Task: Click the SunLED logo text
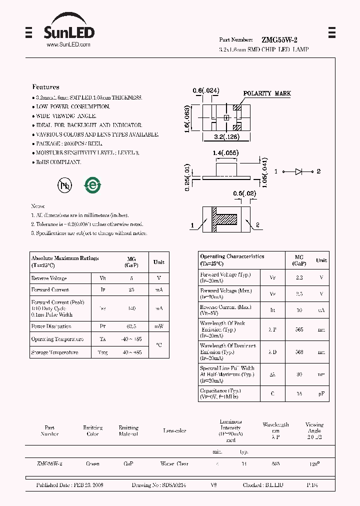click(68, 32)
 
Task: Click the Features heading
click(45, 87)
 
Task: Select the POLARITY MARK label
click(267, 93)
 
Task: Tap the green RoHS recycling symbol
click(92, 185)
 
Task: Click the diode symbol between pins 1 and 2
click(299, 171)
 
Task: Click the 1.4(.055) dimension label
click(225, 152)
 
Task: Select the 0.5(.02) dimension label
click(244, 193)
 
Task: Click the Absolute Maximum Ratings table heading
click(65, 258)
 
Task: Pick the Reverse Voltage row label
click(49, 278)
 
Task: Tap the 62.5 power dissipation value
click(131, 326)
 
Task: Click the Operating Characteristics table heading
click(232, 256)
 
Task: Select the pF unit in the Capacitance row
click(321, 394)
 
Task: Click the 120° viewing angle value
click(314, 464)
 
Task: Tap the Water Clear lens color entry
click(174, 464)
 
